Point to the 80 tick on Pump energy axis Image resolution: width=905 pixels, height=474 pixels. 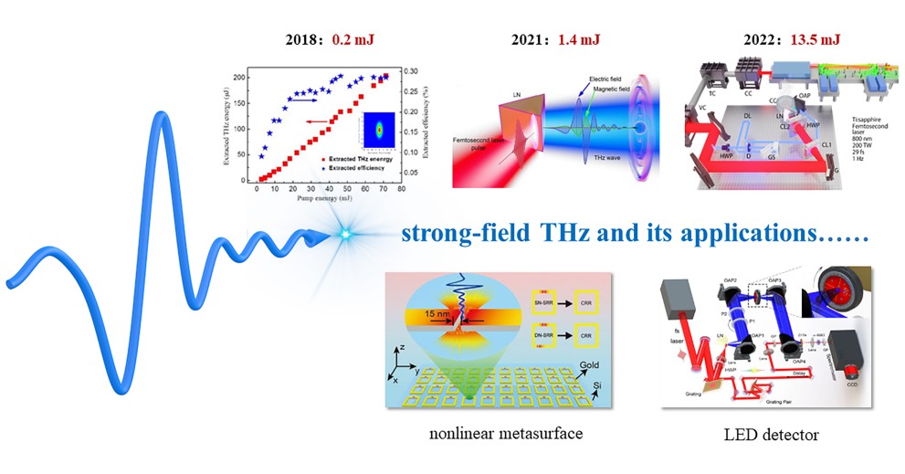coord(402,186)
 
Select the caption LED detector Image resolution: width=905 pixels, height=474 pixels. coord(764,434)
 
